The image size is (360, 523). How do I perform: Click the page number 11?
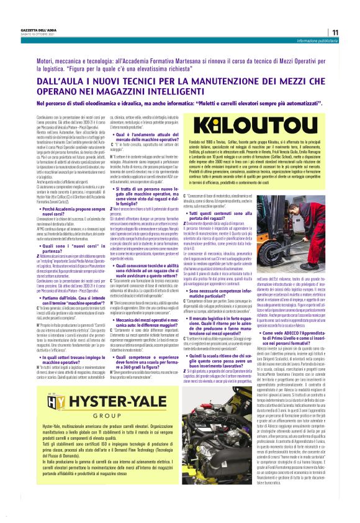335,32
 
